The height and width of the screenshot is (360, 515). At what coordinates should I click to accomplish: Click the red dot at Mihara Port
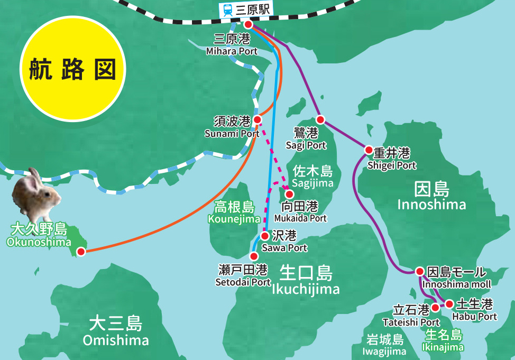(248, 24)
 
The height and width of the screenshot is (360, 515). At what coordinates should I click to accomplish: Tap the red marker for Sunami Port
(257, 119)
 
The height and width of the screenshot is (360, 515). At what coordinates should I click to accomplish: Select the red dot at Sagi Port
(319, 119)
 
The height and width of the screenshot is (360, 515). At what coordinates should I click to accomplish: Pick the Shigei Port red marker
(369, 150)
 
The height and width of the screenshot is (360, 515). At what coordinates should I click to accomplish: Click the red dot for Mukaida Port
(289, 194)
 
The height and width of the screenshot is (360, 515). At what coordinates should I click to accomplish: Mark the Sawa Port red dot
(265, 236)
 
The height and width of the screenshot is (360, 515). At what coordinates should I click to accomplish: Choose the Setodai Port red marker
(254, 256)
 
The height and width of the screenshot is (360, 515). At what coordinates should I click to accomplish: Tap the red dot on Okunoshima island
(81, 252)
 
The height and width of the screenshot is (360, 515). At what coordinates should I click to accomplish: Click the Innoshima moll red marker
(419, 272)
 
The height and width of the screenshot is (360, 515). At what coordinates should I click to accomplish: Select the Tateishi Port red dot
(435, 307)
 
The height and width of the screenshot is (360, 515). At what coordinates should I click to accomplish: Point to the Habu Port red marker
(449, 304)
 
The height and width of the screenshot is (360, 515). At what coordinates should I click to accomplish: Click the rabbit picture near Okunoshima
(36, 195)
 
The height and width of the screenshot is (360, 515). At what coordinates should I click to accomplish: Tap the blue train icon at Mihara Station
(228, 10)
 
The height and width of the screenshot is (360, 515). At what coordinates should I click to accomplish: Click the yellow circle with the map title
(73, 69)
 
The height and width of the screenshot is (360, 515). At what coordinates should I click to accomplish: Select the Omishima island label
(116, 331)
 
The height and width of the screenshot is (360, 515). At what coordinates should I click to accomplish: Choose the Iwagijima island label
(384, 345)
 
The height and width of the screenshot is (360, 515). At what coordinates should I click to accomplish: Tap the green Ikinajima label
(443, 341)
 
